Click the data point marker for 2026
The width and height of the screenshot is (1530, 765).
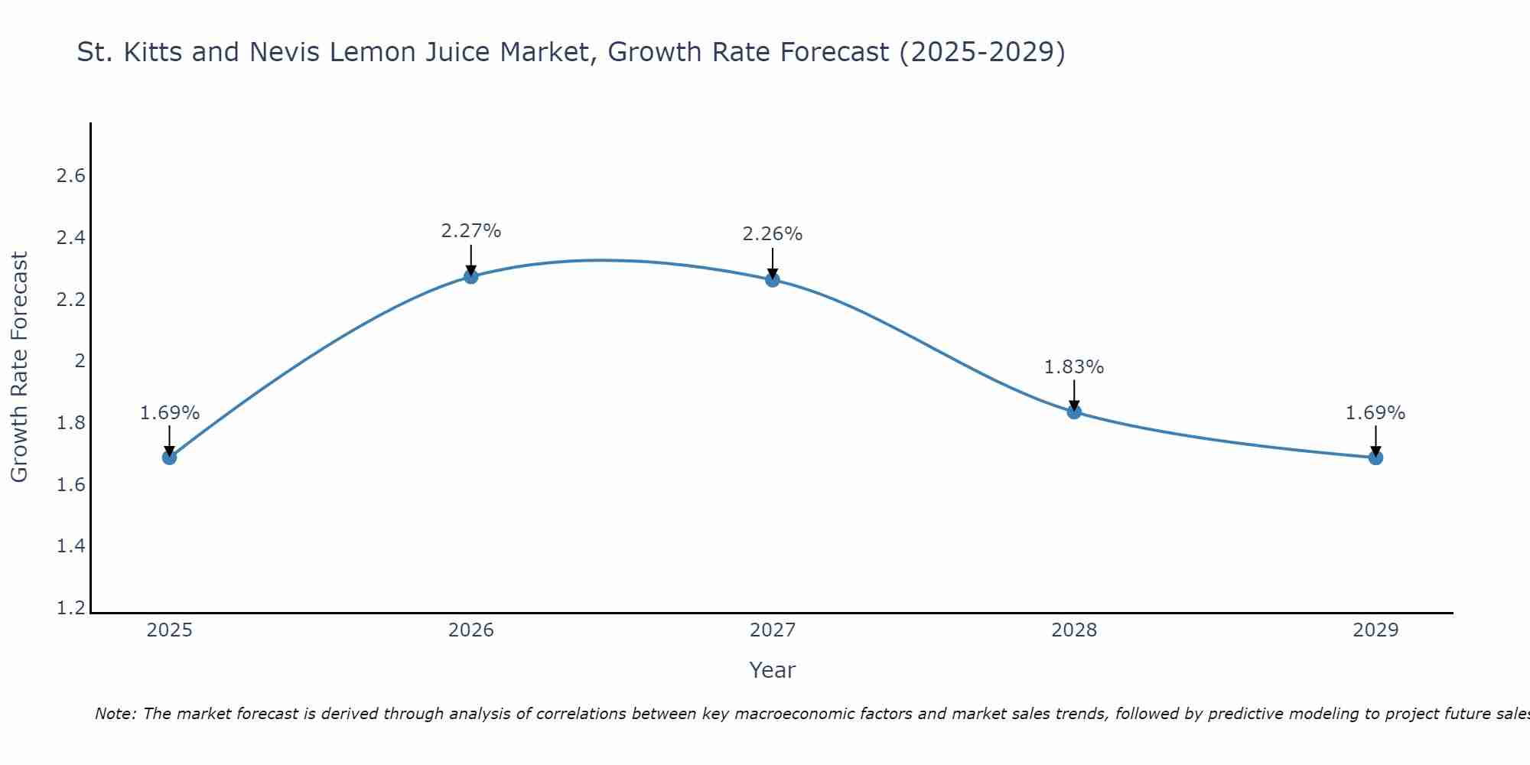(x=470, y=276)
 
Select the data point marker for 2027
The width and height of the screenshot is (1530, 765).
(x=773, y=279)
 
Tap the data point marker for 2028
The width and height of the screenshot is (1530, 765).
(x=1074, y=412)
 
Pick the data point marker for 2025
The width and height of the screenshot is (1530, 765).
(x=169, y=457)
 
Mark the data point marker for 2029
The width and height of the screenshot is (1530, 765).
(x=1375, y=457)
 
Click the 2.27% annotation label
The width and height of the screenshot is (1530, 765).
(x=470, y=231)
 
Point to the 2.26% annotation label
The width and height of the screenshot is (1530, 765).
(x=773, y=234)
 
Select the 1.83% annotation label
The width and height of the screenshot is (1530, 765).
(x=1074, y=367)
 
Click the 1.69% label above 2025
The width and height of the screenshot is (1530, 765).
(x=169, y=413)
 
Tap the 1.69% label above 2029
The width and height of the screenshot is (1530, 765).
(x=1375, y=413)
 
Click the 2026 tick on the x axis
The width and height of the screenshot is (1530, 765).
(x=470, y=630)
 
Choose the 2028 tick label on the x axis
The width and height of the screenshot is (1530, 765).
(x=1074, y=630)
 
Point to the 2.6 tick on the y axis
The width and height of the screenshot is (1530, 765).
(x=71, y=176)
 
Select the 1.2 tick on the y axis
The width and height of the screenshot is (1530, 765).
(x=71, y=608)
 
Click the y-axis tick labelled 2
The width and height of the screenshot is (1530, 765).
(x=80, y=361)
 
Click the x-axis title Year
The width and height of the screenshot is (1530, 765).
(x=773, y=670)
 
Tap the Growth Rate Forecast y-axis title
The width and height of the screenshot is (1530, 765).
(x=19, y=367)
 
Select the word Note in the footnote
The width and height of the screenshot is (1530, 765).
(x=115, y=714)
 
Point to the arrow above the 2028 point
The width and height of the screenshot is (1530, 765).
(x=1074, y=393)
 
